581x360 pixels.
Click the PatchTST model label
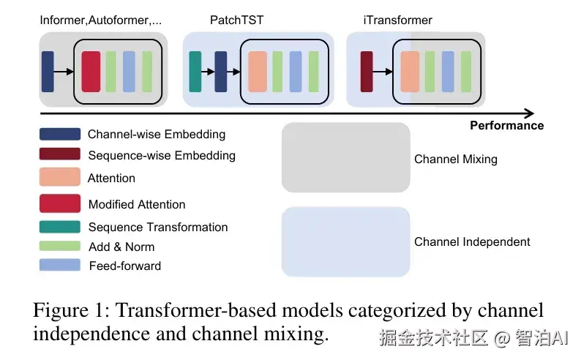tap(236, 20)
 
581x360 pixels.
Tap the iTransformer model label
tap(397, 20)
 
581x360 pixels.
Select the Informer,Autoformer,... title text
tap(101, 20)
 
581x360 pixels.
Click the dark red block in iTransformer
tap(367, 71)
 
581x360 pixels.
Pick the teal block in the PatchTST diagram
tap(195, 71)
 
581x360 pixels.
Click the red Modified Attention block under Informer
tap(91, 71)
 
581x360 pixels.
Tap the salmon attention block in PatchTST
tap(258, 71)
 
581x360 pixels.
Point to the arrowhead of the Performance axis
tap(530, 113)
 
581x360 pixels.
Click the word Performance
tap(506, 126)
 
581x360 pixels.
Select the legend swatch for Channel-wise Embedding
tap(60, 134)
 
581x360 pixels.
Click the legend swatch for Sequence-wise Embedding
tap(60, 154)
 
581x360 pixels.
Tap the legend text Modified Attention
tap(137, 205)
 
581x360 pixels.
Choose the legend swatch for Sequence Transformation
tap(60, 227)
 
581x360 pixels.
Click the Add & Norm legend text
tap(121, 247)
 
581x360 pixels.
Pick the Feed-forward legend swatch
tap(60, 265)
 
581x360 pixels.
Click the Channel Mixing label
tap(455, 160)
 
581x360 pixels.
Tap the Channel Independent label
tap(472, 242)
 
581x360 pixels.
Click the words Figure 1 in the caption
tap(70, 311)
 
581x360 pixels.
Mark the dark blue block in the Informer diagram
tap(48, 71)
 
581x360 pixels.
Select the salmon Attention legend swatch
tap(60, 177)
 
